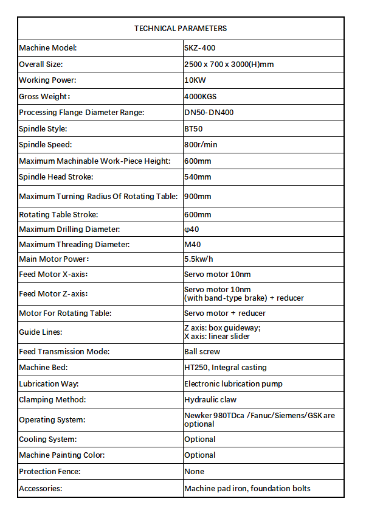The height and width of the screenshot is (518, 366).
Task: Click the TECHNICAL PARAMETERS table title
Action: click(181, 29)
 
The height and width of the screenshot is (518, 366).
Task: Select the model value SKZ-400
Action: click(200, 48)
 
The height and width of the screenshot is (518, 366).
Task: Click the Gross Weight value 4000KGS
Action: click(201, 96)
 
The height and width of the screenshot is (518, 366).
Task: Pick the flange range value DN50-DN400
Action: click(209, 113)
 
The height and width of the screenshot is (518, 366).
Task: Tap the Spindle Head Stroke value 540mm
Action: click(198, 177)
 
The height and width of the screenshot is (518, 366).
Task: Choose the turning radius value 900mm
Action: click(198, 197)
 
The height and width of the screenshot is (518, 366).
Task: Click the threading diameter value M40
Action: click(193, 245)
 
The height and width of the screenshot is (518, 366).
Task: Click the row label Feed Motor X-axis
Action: click(58, 275)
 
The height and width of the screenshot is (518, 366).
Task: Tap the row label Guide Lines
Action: click(41, 332)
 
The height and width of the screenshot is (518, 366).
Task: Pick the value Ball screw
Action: click(202, 352)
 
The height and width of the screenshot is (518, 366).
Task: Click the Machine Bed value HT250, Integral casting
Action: click(226, 368)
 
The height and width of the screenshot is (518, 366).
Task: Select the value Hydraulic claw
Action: click(210, 400)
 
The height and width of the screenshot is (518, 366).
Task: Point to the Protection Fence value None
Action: click(195, 472)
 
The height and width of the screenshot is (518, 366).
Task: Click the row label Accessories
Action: click(41, 489)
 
